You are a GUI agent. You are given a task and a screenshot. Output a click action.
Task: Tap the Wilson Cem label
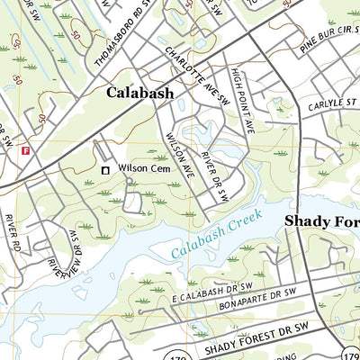tap(144, 167)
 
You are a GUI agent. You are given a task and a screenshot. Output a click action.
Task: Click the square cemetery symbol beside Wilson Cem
tap(105, 168)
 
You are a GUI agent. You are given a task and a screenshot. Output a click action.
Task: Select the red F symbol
tap(26, 150)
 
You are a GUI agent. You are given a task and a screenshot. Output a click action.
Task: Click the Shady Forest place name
tap(321, 220)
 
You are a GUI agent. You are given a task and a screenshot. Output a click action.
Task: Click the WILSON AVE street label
tap(179, 155)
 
